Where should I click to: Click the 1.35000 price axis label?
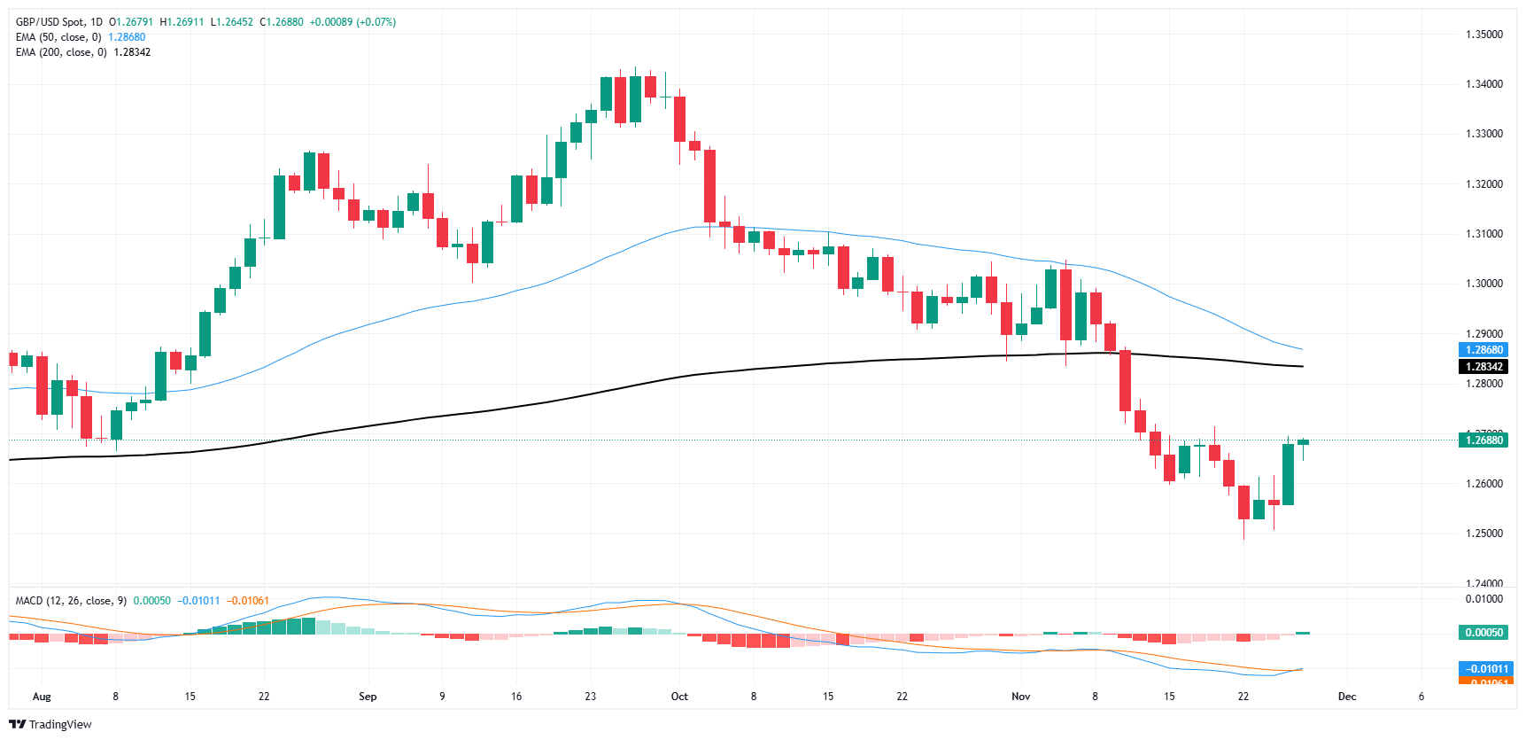1483,35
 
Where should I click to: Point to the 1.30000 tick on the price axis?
1483,284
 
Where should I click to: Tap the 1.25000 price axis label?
1483,534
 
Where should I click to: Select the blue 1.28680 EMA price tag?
1483,350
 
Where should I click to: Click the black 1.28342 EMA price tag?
1483,367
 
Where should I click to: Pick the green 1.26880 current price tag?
1483,440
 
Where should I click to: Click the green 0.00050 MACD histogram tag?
1483,633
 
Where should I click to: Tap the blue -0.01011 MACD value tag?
1486,669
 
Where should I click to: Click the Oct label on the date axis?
679,697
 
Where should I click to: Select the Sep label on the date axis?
368,697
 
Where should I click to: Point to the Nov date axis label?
1021,697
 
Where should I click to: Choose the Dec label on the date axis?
1347,697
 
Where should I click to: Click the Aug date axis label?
42,697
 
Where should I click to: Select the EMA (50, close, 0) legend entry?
58,37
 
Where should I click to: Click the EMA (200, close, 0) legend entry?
61,52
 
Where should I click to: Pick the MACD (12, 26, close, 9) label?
71,601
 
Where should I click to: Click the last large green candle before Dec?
1288,474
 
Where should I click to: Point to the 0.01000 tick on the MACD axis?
1483,599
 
